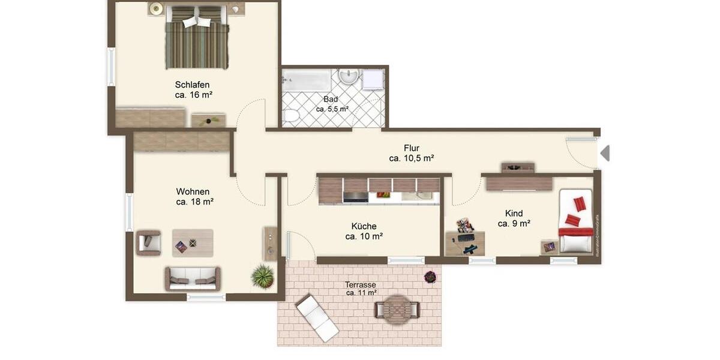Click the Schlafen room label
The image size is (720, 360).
click(x=192, y=85)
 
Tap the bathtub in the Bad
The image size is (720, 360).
click(x=306, y=80)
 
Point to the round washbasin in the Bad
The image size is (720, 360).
click(x=348, y=76)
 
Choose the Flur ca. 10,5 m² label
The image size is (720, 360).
click(x=411, y=158)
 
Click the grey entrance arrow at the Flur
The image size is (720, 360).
click(x=605, y=153)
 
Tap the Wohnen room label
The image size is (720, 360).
click(x=193, y=192)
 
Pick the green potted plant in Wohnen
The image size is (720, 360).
click(x=262, y=276)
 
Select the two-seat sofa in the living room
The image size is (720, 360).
click(x=193, y=278)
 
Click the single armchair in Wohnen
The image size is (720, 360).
click(x=148, y=242)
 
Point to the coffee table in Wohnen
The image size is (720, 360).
click(x=192, y=243)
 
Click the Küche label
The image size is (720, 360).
click(x=364, y=226)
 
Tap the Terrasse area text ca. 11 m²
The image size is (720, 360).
click(x=361, y=293)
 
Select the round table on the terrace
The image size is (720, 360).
click(x=397, y=309)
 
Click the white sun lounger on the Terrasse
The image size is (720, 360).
click(x=317, y=317)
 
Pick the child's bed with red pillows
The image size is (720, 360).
click(x=575, y=221)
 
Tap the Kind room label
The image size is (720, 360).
click(x=514, y=214)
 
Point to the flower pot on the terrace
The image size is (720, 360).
click(x=430, y=277)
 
